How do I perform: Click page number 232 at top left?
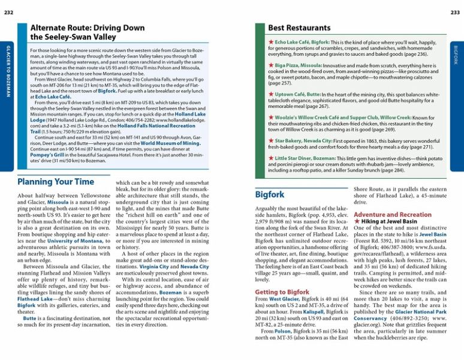tap(8, 13)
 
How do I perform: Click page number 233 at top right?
tap(455, 13)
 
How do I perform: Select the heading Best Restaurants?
tap(299, 28)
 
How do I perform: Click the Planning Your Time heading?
tap(56, 181)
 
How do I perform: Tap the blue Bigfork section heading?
tap(270, 194)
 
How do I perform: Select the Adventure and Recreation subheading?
tap(393, 214)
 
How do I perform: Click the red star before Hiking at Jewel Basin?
tap(357, 222)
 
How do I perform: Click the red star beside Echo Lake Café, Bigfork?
tap(271, 43)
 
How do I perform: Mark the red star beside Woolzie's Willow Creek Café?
tap(271, 118)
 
